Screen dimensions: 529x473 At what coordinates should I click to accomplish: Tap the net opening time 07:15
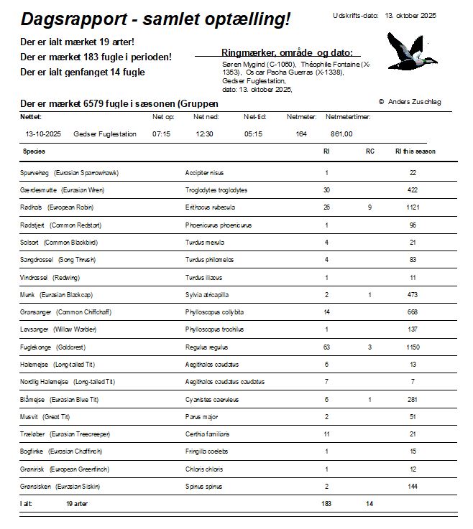[161, 134]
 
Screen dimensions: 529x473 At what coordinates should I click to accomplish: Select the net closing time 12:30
[204, 134]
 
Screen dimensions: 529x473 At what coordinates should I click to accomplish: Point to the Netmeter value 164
[300, 134]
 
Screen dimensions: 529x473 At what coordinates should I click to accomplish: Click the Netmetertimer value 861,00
[341, 134]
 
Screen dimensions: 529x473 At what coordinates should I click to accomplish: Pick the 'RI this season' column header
[415, 151]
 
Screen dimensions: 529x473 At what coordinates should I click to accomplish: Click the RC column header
[369, 151]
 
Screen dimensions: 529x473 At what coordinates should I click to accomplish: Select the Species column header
[34, 151]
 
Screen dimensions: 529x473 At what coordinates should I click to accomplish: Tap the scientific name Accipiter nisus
[204, 173]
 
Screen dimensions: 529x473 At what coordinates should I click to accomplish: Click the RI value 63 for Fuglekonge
[326, 347]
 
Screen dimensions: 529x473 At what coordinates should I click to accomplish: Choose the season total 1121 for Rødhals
[413, 207]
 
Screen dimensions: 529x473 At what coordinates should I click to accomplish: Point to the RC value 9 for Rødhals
[369, 207]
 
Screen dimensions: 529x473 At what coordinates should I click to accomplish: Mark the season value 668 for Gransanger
[413, 312]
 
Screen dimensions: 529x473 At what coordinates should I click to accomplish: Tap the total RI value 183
[326, 504]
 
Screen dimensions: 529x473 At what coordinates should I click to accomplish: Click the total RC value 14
[369, 504]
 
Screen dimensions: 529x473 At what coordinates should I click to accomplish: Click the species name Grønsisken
[35, 486]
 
